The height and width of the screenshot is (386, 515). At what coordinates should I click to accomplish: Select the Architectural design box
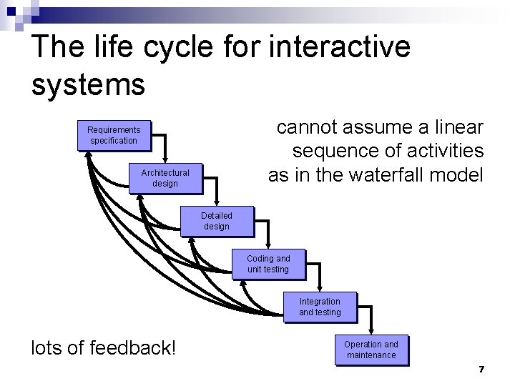(x=165, y=178)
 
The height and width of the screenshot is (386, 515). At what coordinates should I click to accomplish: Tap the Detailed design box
(x=216, y=221)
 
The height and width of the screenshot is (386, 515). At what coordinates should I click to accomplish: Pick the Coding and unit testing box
(x=268, y=264)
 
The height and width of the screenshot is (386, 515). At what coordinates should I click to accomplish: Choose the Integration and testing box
(x=320, y=307)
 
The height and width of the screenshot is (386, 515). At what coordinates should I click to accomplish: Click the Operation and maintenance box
(x=371, y=350)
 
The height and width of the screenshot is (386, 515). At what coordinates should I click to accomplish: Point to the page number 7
(x=481, y=369)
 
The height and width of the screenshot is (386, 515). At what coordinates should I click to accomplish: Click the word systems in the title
(x=89, y=84)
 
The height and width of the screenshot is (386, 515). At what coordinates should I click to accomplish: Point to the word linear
(x=456, y=127)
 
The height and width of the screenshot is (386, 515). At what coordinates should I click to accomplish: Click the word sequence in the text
(x=340, y=151)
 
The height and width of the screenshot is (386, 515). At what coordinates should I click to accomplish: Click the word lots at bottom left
(x=47, y=348)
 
